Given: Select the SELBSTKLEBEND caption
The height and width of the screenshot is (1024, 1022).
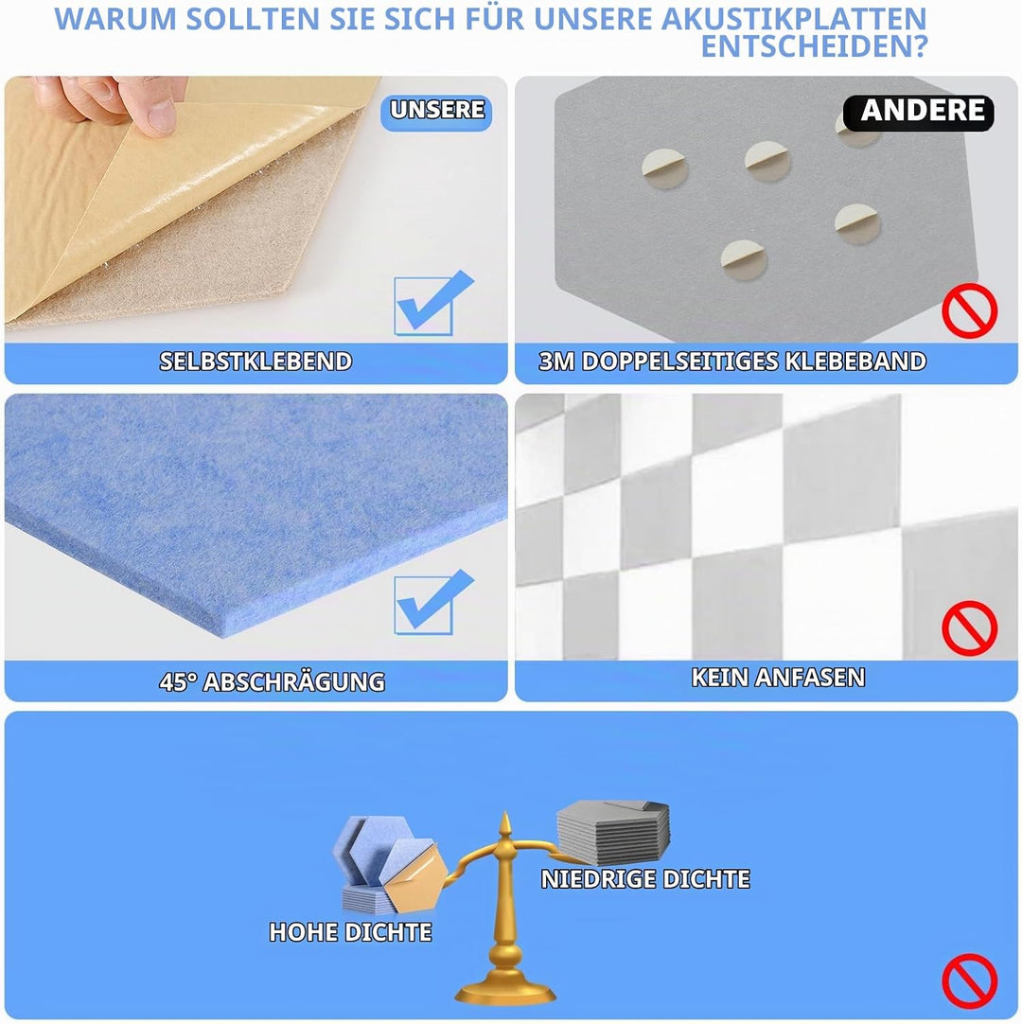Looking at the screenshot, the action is (256, 362).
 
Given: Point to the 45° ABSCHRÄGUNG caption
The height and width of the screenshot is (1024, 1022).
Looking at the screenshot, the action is (273, 681).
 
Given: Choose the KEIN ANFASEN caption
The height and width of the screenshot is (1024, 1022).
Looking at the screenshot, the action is (779, 678).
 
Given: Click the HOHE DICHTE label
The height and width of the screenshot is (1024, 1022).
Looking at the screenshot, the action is (351, 932).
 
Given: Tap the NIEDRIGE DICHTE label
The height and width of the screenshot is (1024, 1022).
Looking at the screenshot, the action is (646, 879).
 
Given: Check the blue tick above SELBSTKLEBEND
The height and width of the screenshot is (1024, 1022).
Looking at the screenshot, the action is (432, 303).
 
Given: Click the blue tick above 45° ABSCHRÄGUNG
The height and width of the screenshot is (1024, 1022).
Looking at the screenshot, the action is (432, 602).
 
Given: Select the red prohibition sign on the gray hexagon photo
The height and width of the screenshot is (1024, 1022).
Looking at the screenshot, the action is (970, 310).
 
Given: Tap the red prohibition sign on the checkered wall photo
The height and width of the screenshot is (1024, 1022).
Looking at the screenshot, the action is (970, 628).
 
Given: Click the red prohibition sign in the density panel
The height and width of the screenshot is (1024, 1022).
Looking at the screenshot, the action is (970, 980).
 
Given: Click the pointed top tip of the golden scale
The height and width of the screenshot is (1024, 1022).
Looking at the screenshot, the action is (504, 813).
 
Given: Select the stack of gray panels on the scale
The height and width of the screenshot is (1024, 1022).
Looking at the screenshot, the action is (613, 822).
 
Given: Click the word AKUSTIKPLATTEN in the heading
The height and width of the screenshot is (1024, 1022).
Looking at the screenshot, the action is (794, 19).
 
